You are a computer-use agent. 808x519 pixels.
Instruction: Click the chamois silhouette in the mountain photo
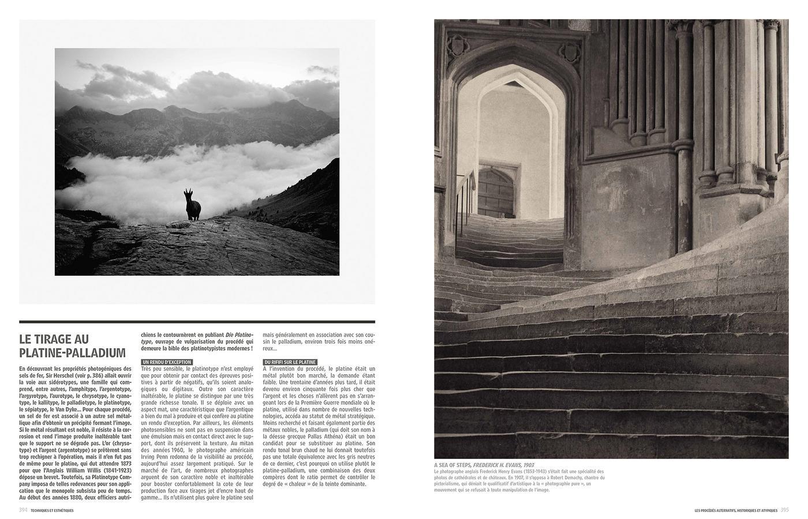pos(192,206)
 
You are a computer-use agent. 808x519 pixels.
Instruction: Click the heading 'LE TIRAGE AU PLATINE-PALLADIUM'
pos(72,346)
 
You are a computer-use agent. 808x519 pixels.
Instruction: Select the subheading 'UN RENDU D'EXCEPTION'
pos(166,362)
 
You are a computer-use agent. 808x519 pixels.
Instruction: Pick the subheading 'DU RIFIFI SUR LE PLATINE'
pos(290,362)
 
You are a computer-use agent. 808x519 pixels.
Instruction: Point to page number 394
pos(23,510)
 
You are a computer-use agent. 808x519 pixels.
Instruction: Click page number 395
pos(784,510)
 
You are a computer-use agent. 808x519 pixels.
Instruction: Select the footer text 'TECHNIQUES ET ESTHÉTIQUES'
pos(53,510)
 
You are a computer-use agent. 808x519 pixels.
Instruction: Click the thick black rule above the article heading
pos(197,322)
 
